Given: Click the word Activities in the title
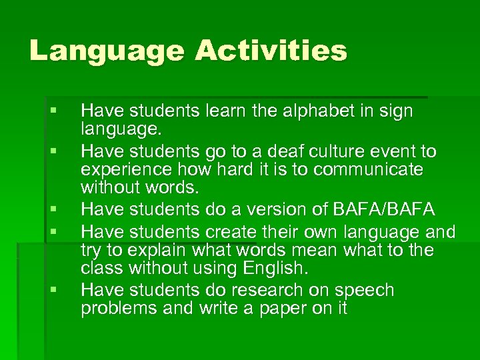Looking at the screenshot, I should [x=270, y=51].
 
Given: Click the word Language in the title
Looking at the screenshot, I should [x=105, y=51].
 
